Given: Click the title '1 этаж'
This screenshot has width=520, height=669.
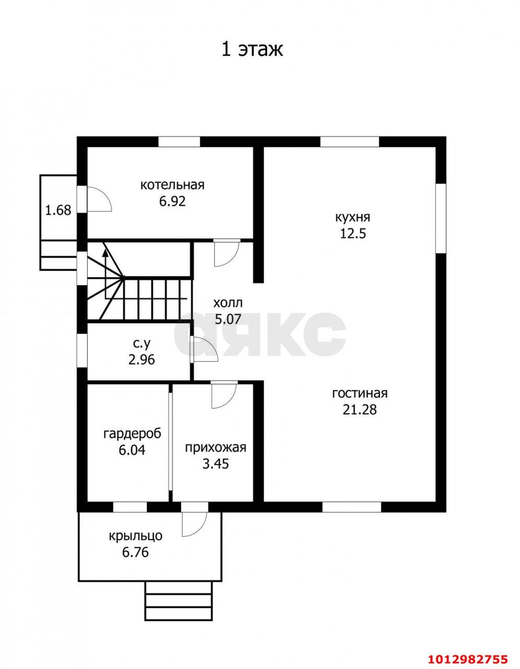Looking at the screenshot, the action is coord(252,50).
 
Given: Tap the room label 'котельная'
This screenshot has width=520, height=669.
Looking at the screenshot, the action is coord(173,185).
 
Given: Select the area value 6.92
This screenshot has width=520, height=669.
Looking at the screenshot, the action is coord(173,201).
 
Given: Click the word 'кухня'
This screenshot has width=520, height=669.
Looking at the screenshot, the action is coord(353,217).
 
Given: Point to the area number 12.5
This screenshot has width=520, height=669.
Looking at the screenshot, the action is coord(353,234).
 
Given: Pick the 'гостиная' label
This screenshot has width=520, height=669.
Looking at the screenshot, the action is coord(360,394).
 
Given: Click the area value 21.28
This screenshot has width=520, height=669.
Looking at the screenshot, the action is coord(360,410).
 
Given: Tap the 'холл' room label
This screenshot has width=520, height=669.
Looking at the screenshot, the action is coord(228,303).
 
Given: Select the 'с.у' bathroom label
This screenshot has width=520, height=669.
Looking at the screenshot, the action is coord(142,344).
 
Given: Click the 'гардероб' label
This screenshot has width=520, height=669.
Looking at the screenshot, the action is coord(132,434).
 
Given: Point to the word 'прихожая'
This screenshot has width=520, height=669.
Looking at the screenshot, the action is coord(216,447).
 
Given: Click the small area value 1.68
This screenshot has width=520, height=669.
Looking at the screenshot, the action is coord(58,210).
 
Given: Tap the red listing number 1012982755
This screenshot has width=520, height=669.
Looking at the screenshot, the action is coord(468,657).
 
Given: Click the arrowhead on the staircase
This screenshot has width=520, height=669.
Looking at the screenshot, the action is coord(105,253).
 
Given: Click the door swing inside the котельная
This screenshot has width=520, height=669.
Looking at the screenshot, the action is coord(99,199).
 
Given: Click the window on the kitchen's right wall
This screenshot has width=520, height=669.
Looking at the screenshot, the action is coord(441,218).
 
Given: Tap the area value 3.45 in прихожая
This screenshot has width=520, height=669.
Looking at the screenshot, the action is coord(216,464).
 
